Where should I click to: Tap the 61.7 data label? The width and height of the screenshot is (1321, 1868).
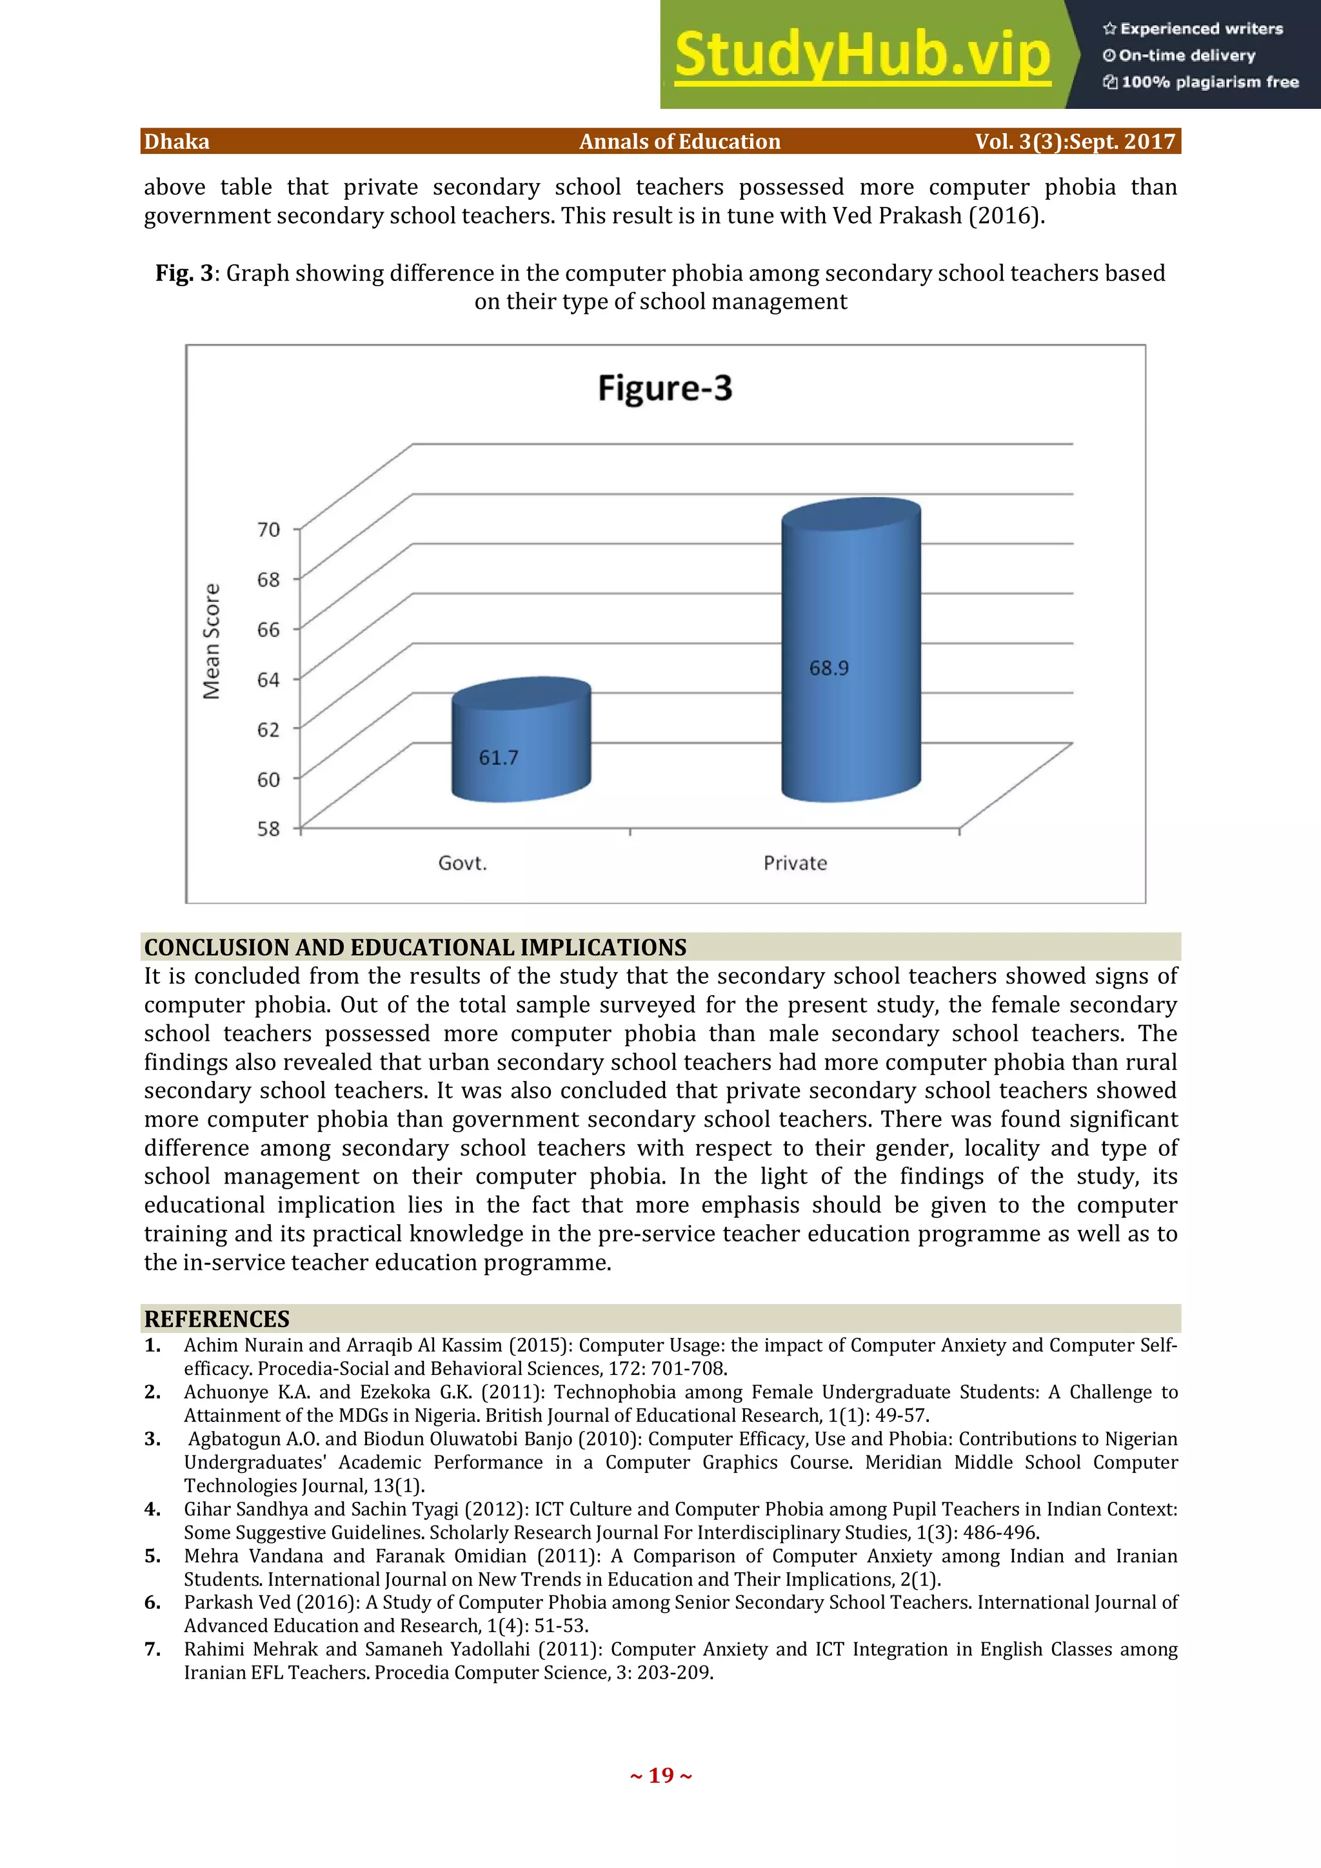[x=498, y=758]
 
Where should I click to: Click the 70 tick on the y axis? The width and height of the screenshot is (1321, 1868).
[x=268, y=530]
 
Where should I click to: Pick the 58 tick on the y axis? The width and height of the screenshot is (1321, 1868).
[x=268, y=829]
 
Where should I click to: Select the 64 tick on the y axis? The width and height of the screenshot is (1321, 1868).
[x=268, y=679]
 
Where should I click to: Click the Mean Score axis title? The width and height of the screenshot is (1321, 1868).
[x=212, y=641]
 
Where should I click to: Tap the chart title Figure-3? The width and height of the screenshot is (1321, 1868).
[x=665, y=388]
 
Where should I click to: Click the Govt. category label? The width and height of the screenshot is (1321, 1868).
[x=462, y=863]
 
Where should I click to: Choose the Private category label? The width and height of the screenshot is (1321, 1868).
[x=795, y=863]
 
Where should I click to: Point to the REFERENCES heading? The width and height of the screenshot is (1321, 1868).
[x=217, y=1319]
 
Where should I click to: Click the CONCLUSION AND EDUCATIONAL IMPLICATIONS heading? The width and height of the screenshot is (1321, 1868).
[x=415, y=947]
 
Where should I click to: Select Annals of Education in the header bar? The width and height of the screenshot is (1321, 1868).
[x=680, y=142]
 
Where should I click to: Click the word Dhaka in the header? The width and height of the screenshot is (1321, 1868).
[x=177, y=142]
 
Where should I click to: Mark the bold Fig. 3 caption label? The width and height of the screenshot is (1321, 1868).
[x=184, y=273]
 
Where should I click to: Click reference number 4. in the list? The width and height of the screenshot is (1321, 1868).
[x=152, y=1509]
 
